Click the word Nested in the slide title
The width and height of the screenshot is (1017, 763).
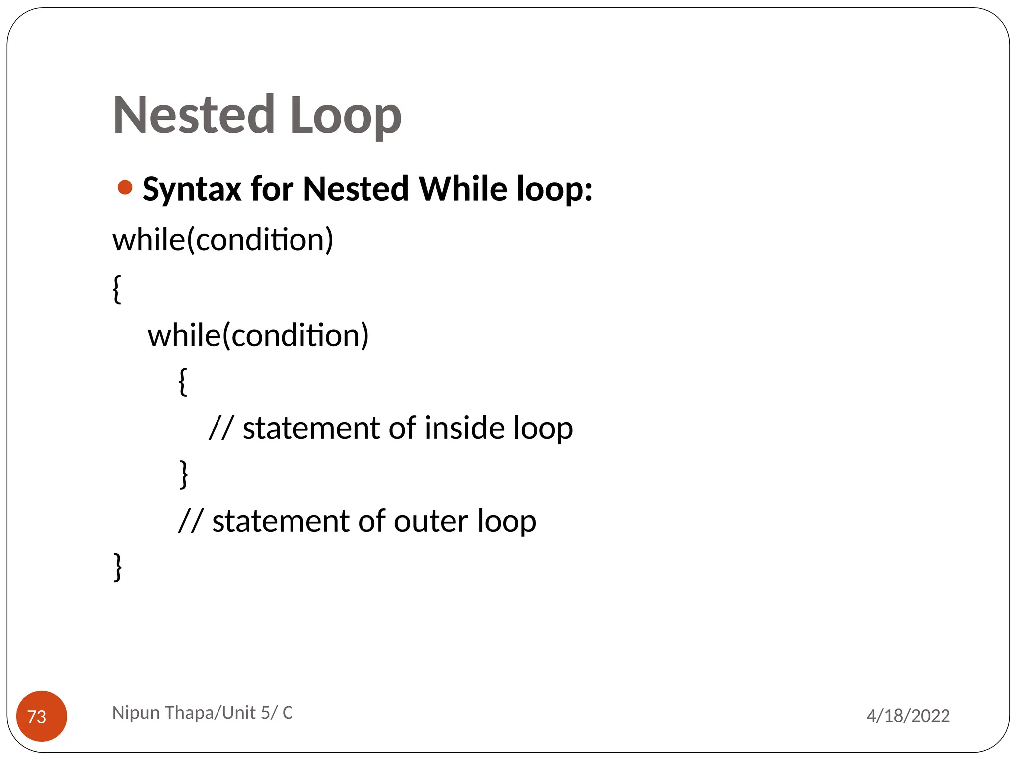[194, 115]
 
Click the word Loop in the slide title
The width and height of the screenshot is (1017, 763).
[346, 116]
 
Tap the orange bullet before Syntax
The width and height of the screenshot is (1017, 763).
[125, 188]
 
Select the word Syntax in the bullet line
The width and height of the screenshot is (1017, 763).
[192, 190]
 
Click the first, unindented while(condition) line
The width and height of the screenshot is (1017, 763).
[222, 240]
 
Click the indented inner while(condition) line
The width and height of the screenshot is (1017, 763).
[258, 335]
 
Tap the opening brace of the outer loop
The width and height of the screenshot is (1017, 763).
[117, 289]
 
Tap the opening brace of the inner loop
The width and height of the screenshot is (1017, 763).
[183, 381]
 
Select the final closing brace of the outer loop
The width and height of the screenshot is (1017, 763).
[118, 567]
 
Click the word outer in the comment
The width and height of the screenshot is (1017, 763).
[431, 521]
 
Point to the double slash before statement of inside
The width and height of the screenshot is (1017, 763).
[221, 428]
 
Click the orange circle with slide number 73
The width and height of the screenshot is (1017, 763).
[42, 716]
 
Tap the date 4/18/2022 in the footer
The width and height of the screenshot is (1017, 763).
[908, 716]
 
